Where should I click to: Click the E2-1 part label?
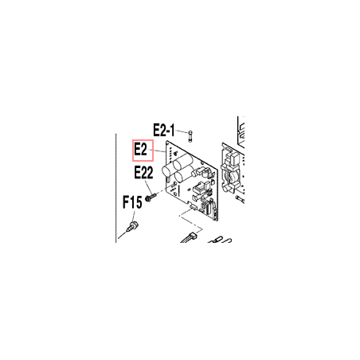164,130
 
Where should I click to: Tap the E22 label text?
143,172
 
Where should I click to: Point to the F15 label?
132,202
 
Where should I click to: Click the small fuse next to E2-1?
190,136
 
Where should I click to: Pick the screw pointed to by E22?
151,198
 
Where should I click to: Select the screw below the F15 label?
133,226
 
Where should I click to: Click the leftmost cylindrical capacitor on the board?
167,170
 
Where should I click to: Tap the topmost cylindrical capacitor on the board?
183,161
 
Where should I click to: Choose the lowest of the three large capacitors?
182,177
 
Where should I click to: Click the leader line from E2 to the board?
157,151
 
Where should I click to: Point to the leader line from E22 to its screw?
148,187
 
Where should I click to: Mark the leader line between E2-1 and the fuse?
182,131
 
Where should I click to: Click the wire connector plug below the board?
192,235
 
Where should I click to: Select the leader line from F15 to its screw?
134,216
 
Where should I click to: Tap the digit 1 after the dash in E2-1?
172,130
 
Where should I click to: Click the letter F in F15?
126,202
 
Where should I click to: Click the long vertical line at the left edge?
116,188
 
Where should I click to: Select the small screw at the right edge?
239,199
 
